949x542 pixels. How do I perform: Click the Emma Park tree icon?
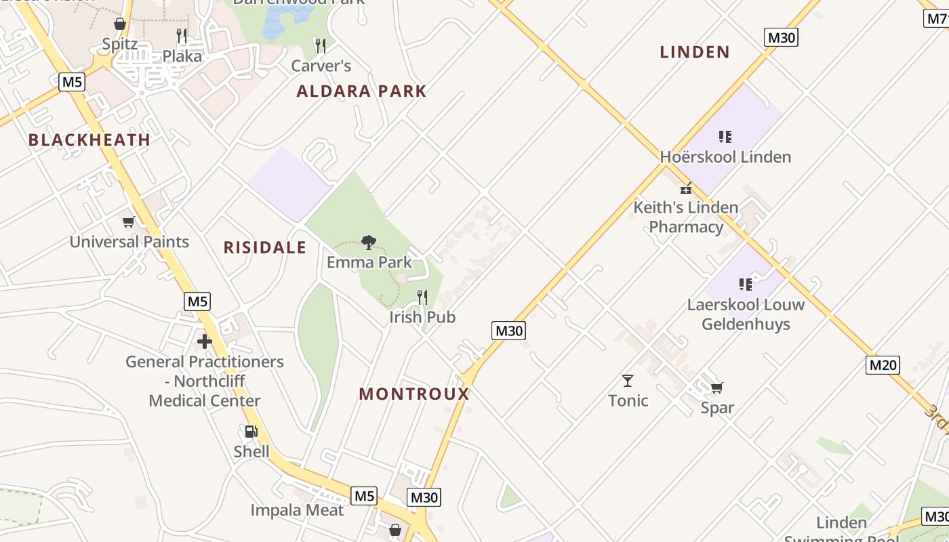[x=369, y=242]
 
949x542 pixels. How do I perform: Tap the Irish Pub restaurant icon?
[x=422, y=297]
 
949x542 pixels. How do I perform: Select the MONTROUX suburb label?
[x=414, y=394]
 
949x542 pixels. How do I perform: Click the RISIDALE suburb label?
[x=265, y=247]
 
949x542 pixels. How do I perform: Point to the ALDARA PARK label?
[x=361, y=91]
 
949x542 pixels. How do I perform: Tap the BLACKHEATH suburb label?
[x=89, y=140]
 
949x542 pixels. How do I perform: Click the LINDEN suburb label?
[x=695, y=51]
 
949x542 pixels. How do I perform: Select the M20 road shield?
[x=883, y=365]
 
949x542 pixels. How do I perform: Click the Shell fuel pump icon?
[x=251, y=432]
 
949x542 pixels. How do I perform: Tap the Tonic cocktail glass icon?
[x=628, y=380]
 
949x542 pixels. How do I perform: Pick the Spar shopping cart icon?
[x=716, y=388]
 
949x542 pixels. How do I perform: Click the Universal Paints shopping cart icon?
[x=129, y=222]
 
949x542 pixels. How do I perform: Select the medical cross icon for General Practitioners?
[x=205, y=341]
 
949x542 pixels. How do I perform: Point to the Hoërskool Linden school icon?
[x=725, y=137]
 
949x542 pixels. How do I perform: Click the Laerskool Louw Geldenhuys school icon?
[x=746, y=284]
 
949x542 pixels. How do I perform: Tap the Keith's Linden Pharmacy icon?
[x=686, y=188]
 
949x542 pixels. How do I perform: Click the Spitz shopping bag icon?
[x=120, y=24]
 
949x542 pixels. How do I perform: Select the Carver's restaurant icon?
[x=321, y=45]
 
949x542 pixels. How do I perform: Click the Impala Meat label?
[x=297, y=510]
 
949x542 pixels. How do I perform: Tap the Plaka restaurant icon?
[x=182, y=35]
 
